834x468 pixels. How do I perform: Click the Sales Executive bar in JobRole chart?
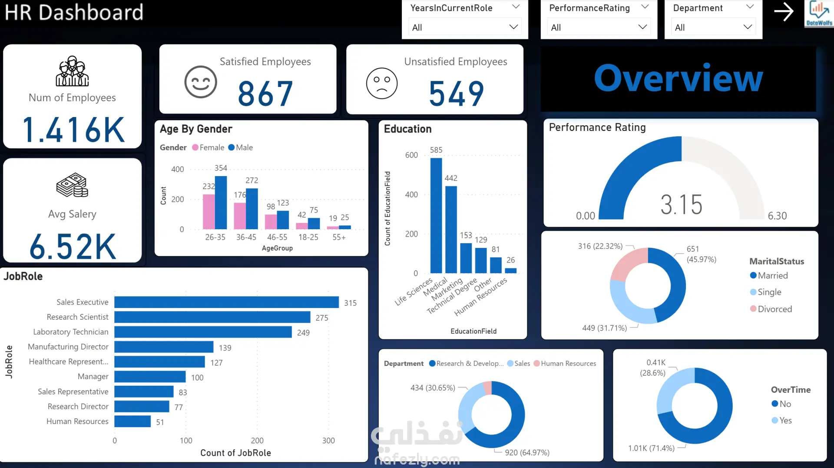point(226,302)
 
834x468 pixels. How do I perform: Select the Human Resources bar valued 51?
point(132,421)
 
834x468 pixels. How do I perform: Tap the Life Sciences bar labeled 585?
point(436,215)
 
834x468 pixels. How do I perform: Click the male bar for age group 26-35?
point(221,202)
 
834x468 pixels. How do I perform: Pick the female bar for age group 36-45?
point(239,216)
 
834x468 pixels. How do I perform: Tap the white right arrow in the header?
point(784,12)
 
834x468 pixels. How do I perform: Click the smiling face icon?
point(201,82)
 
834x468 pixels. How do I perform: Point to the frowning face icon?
point(382,83)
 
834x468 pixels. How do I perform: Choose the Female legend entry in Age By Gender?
point(212,147)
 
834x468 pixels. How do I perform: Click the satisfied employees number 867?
point(265,94)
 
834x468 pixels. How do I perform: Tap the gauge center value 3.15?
point(681,204)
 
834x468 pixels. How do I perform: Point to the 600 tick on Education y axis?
point(411,155)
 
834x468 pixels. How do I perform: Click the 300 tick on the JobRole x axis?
point(328,440)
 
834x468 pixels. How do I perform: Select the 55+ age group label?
point(339,237)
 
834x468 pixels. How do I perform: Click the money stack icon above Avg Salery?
point(72,185)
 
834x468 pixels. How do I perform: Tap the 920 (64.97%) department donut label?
point(527,452)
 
